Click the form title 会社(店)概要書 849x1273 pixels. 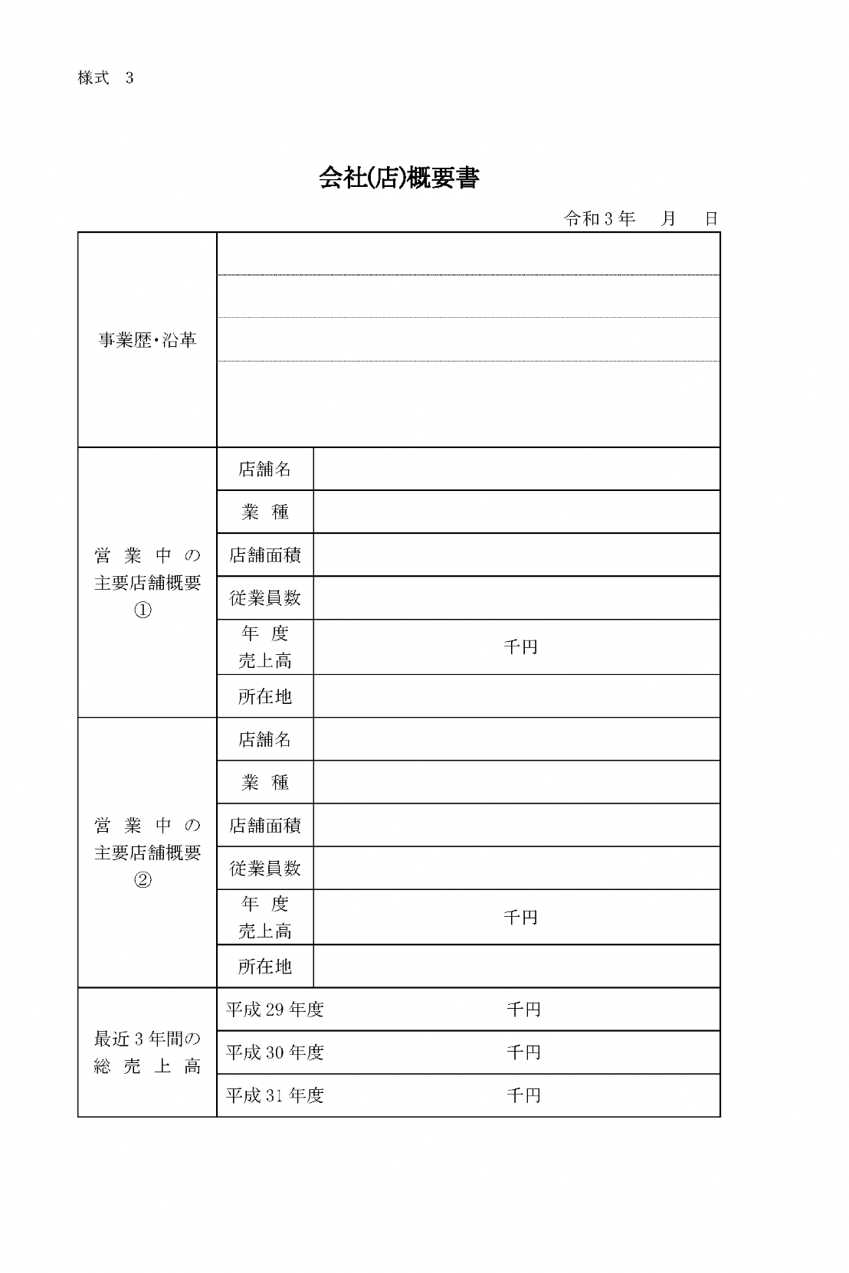(x=398, y=178)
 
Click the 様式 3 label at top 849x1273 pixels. (x=106, y=78)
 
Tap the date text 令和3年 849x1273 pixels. (x=599, y=219)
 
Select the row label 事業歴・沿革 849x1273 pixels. (x=147, y=340)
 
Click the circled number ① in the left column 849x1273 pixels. (x=143, y=610)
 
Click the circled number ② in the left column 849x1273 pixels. (x=143, y=880)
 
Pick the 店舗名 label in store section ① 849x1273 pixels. (x=265, y=470)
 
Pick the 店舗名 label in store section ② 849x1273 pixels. (x=265, y=739)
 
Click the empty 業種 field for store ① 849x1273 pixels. (x=516, y=512)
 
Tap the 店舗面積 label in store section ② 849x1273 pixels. (x=265, y=826)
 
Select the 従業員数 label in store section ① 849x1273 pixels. (x=265, y=598)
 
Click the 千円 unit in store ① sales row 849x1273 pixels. (x=520, y=647)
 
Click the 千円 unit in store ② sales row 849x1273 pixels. (x=520, y=918)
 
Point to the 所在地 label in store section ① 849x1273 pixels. (x=265, y=696)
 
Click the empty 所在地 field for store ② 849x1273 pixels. (x=516, y=967)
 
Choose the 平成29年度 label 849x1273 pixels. (x=275, y=1010)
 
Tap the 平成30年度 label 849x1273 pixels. (x=275, y=1052)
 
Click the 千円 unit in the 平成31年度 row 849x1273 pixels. (x=523, y=1095)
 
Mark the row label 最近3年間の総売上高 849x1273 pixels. (x=147, y=1052)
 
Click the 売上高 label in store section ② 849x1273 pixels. (x=265, y=931)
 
